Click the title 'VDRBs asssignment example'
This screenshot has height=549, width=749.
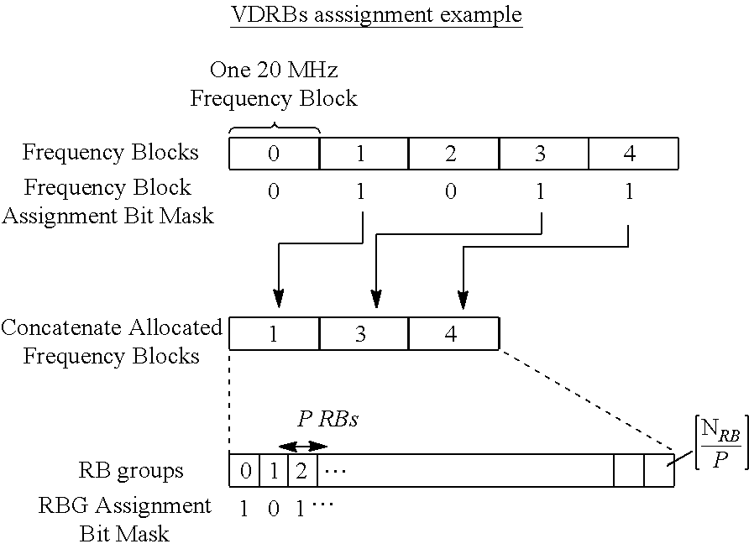point(376,15)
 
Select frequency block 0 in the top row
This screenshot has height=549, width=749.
point(274,154)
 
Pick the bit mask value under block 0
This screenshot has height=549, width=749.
point(273,192)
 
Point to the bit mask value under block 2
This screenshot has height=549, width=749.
point(452,192)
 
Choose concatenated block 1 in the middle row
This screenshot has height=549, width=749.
point(273,333)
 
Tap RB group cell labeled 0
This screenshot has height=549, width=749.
point(244,471)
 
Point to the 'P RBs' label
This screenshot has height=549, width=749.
point(327,420)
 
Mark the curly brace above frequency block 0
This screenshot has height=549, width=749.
point(274,128)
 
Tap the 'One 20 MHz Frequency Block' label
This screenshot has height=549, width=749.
point(274,85)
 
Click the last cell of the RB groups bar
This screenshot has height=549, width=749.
point(659,471)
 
